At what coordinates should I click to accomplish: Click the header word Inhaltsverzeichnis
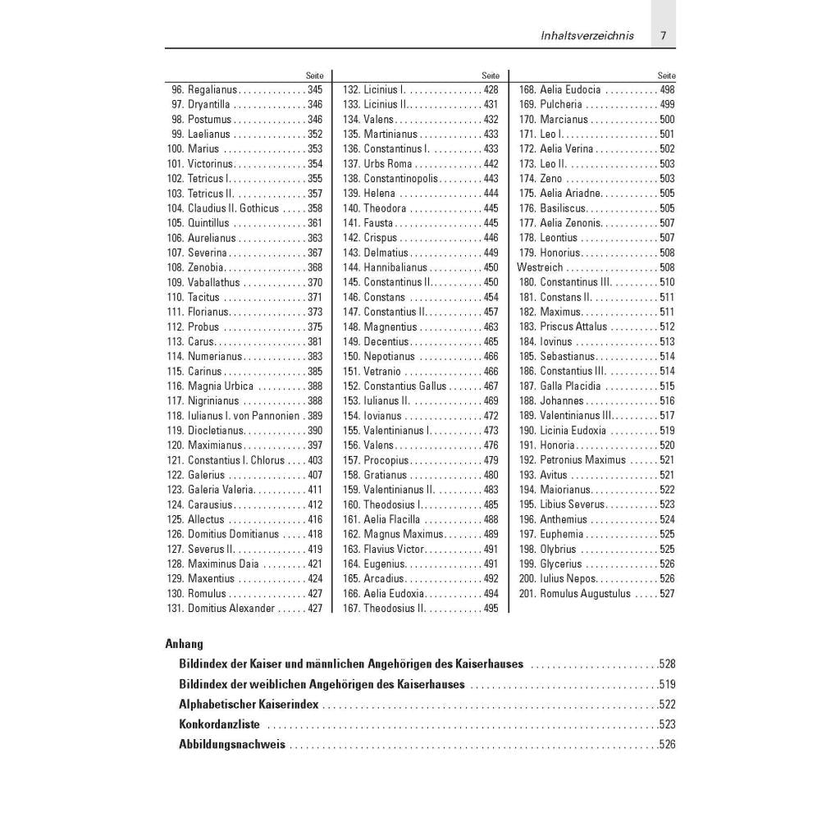[x=587, y=36]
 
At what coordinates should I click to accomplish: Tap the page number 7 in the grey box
[x=663, y=36]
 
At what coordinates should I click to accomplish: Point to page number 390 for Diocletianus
[x=315, y=431]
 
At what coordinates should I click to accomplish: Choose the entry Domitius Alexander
[x=231, y=609]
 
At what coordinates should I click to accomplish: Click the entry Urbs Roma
[x=388, y=164]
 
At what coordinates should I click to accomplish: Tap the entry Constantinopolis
[x=402, y=179]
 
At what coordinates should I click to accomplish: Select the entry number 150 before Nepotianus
[x=351, y=357]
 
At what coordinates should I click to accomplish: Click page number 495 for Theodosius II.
[x=491, y=609]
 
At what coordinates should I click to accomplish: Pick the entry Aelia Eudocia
[x=570, y=89]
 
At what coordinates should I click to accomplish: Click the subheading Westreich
[x=540, y=267]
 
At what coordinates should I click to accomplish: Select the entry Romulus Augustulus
[x=585, y=594]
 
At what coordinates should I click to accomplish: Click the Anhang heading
[x=185, y=644]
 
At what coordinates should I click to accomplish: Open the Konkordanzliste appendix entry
[x=219, y=724]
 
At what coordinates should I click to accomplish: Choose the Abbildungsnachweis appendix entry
[x=232, y=745]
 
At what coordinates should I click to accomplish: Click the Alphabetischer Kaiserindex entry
[x=249, y=705]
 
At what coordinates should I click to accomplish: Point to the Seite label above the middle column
[x=491, y=75]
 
